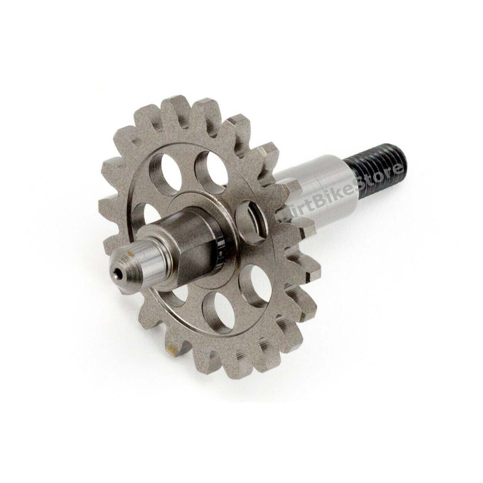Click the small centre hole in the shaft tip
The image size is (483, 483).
click(118, 276)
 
